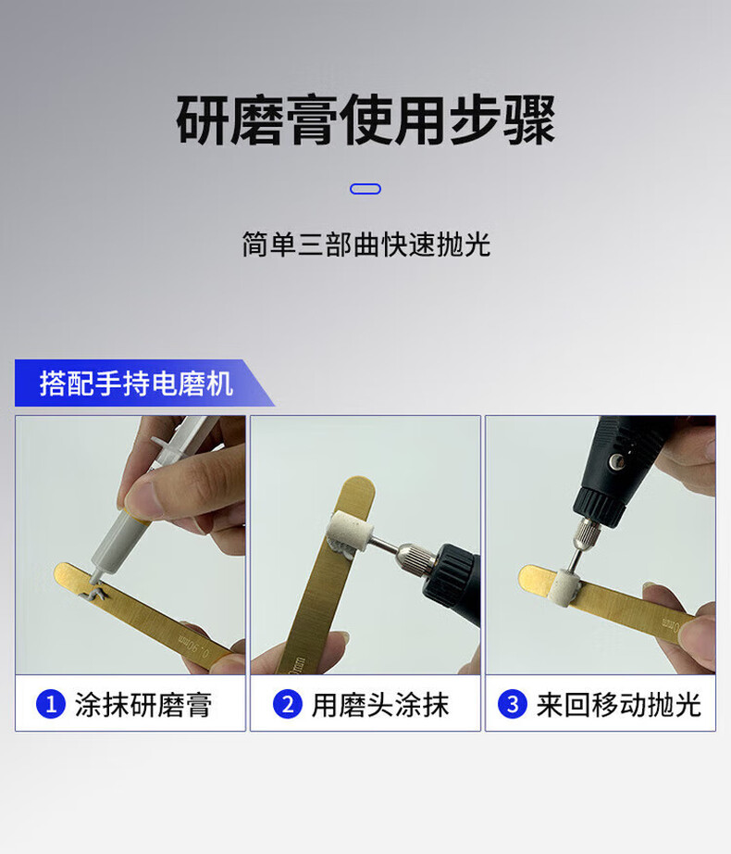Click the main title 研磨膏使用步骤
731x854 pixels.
point(365,119)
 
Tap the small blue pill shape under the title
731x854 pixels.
point(365,189)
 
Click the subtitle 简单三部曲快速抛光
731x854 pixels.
point(366,245)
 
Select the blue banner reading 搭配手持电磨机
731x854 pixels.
point(144,383)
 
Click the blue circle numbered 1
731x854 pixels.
point(51,704)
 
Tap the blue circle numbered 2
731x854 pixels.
point(287,704)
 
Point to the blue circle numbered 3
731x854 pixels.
point(513,704)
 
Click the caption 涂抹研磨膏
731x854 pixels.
point(143,705)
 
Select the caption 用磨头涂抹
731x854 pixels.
point(380,705)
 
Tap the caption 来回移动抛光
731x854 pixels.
point(618,705)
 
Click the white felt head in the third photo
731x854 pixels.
point(564,587)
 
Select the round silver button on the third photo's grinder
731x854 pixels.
point(615,462)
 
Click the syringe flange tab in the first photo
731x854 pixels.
point(159,443)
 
